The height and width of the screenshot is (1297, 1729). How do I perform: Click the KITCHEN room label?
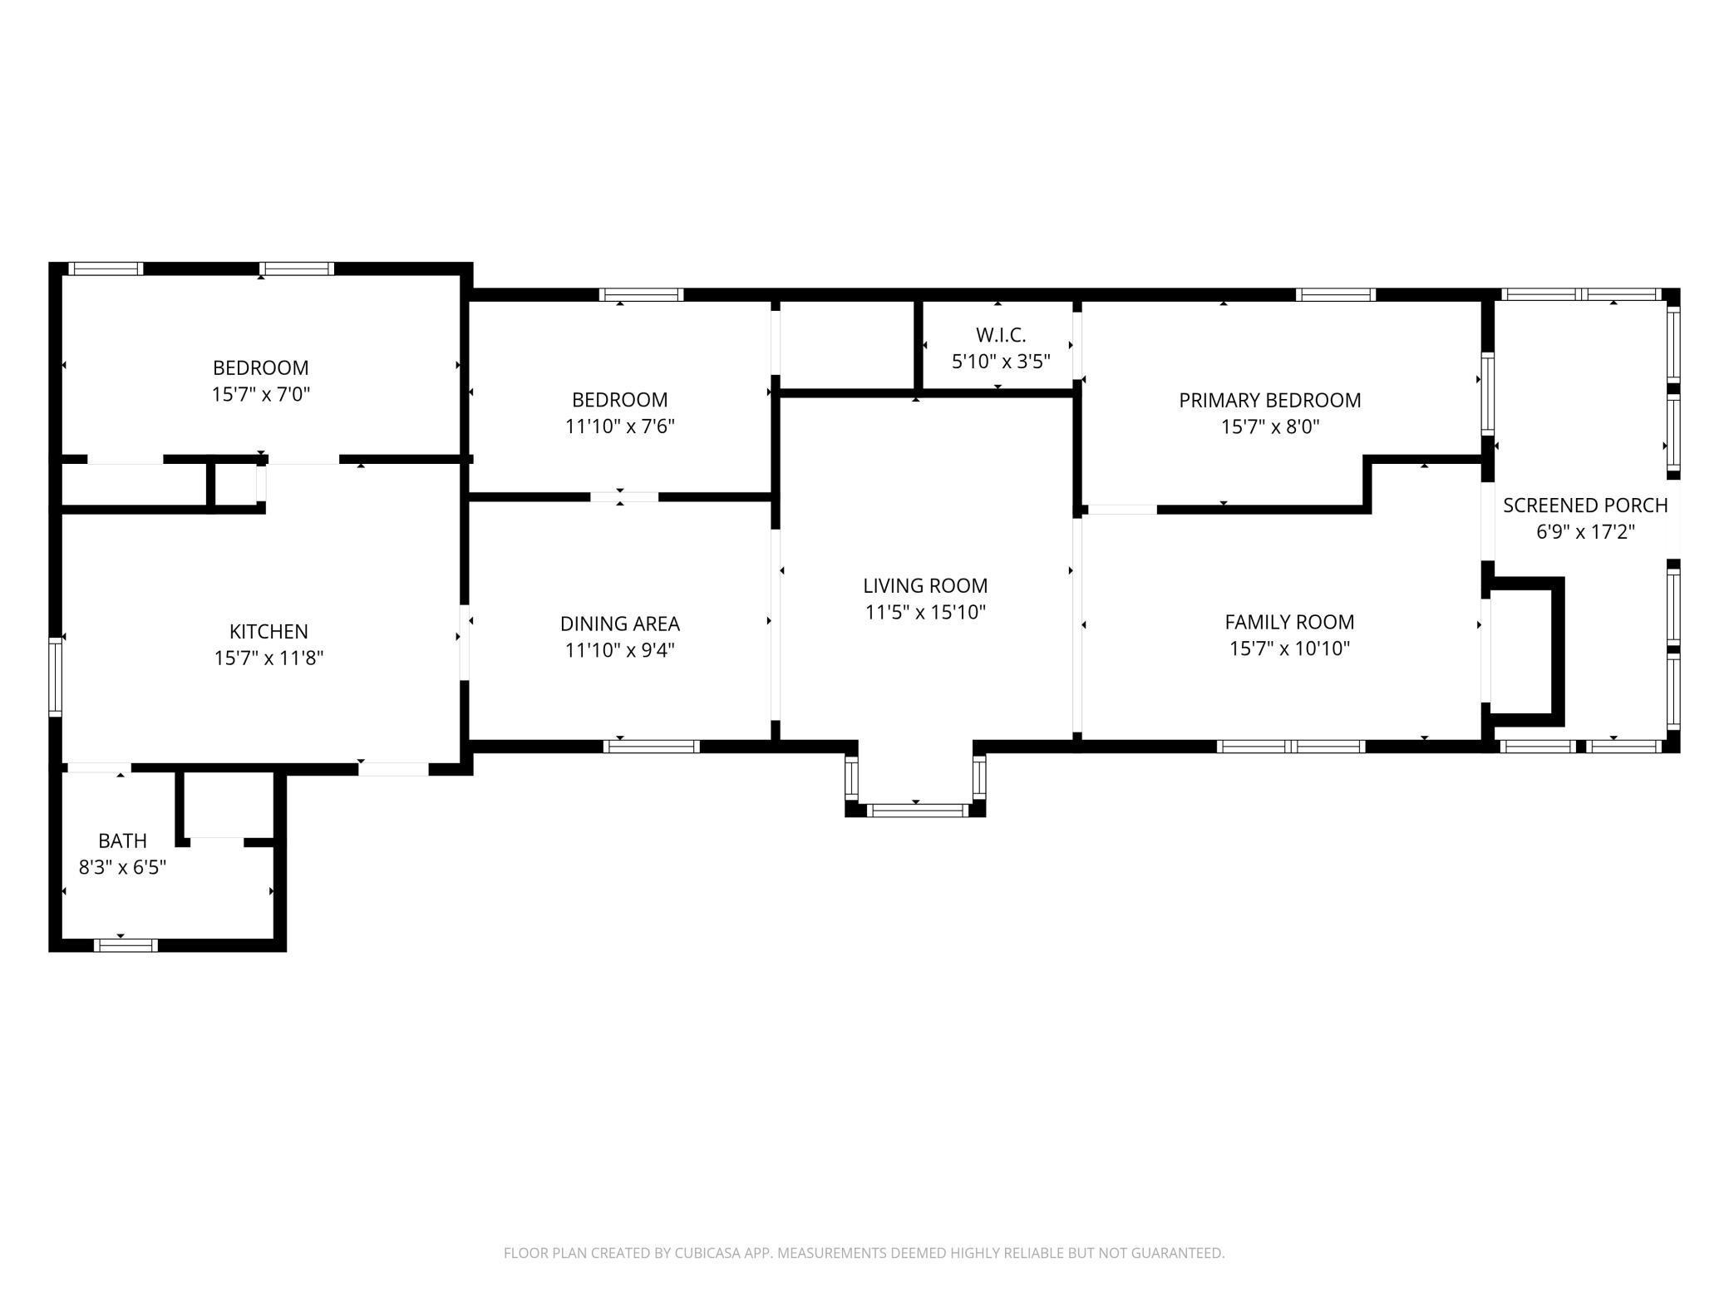(268, 631)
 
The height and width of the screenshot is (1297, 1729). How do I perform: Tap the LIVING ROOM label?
(925, 585)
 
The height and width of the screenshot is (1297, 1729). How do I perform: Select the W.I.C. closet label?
(1001, 335)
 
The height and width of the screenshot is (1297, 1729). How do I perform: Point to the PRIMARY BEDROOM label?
(1269, 400)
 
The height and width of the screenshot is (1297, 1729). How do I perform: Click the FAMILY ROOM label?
(1289, 622)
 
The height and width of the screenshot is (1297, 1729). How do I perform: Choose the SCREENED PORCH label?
(1585, 505)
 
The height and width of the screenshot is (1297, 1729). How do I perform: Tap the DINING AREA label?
(619, 624)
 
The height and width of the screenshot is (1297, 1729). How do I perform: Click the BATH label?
(122, 841)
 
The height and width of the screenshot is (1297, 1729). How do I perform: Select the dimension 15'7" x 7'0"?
(261, 394)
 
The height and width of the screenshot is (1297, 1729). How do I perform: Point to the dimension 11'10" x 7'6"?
(619, 427)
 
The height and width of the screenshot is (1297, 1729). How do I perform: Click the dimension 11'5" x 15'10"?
(925, 613)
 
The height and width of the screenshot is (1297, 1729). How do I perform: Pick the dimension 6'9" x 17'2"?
(1585, 531)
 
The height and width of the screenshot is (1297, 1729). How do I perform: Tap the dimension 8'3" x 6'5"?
(122, 867)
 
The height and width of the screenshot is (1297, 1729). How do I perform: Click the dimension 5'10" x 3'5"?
(1001, 362)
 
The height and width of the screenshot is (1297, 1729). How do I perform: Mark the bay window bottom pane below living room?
(915, 809)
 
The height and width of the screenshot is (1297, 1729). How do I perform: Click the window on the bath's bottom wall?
(125, 944)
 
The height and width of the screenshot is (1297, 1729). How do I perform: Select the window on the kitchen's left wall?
(56, 676)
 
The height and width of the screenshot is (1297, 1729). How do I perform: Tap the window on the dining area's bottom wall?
(652, 746)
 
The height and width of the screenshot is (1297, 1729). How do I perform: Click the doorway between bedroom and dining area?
(623, 497)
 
